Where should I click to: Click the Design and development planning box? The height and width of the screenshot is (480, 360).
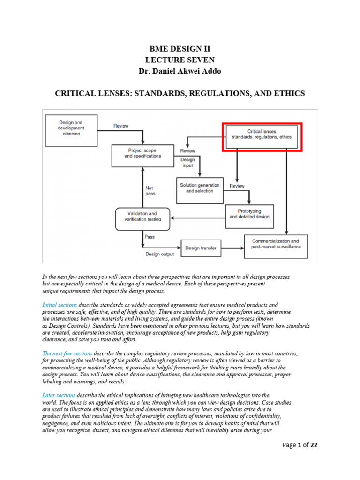click(71, 127)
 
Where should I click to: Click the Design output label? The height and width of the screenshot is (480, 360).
click(159, 254)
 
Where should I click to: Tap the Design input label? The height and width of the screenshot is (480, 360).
click(187, 162)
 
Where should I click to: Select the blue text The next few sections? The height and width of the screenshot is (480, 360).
click(67, 353)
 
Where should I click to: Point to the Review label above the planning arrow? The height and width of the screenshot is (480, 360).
click(121, 126)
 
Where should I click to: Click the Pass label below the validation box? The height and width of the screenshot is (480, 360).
click(150, 237)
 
